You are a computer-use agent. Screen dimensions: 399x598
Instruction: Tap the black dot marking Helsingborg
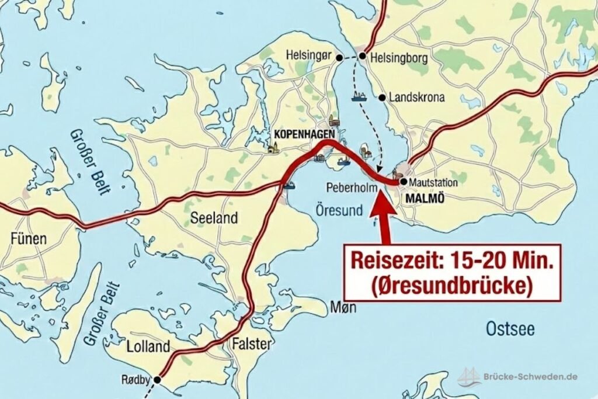362,56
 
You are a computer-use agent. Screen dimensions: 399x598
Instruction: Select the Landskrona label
418,98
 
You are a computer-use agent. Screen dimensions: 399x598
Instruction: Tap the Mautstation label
433,183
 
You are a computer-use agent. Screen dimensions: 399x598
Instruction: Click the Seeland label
214,218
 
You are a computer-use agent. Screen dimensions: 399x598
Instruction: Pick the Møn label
342,306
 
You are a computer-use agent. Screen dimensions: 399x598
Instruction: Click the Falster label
252,344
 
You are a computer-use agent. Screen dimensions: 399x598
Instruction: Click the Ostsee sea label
510,329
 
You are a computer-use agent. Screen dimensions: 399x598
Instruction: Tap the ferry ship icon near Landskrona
358,96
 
